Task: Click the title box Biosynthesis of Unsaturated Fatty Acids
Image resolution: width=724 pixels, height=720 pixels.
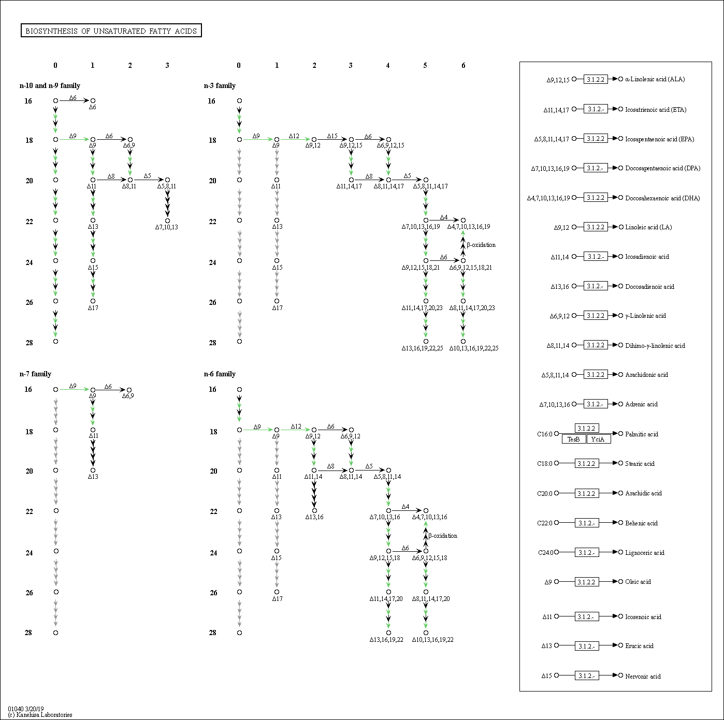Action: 111,31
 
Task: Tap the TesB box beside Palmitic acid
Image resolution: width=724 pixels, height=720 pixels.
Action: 573,439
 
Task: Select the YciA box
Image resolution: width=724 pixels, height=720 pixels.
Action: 598,439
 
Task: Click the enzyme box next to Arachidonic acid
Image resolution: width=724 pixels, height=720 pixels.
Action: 596,375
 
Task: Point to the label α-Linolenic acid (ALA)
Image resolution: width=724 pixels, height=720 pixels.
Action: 655,79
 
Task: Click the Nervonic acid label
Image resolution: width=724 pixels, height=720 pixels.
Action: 643,676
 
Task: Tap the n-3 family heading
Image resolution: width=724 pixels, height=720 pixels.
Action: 220,86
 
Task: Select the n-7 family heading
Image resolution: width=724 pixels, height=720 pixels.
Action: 35,374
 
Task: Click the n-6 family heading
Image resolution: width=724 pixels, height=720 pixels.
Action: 220,374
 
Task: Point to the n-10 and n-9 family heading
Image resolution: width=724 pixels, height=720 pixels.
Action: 50,86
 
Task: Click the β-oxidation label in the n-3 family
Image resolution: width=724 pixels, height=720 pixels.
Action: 481,245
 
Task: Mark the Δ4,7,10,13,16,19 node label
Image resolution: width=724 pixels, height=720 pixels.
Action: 469,227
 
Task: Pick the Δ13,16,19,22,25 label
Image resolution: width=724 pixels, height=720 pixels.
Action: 422,348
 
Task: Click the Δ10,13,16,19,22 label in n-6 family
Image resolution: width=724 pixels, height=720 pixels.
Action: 432,640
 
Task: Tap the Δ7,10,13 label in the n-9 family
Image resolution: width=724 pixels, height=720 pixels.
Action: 166,227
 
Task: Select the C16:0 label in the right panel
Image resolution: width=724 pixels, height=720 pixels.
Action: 544,434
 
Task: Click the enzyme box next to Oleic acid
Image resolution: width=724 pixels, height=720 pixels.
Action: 586,582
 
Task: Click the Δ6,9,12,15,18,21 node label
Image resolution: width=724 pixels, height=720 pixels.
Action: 470,268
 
